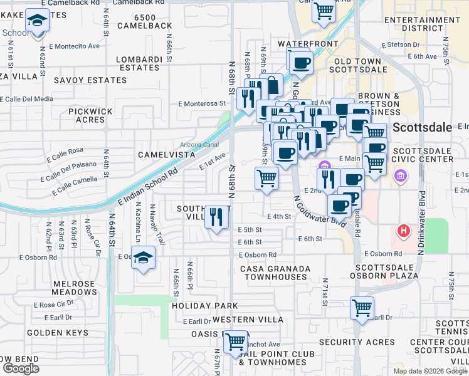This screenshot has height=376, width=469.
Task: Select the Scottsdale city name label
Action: (x=423, y=128)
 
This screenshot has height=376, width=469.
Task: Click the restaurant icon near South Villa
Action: (x=216, y=217)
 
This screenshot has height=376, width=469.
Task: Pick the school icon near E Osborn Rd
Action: (x=143, y=258)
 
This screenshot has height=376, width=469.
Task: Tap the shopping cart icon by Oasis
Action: (x=236, y=342)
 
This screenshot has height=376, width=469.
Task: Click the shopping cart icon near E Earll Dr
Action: (x=362, y=308)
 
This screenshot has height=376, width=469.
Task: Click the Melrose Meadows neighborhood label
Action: (x=74, y=288)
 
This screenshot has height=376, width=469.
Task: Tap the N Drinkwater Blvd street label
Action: (x=423, y=222)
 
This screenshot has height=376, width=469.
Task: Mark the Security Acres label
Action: (x=356, y=342)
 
